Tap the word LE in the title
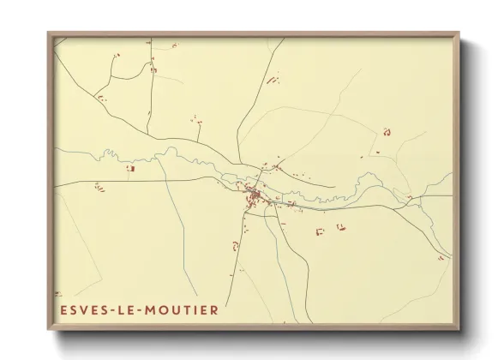click(x=134, y=310)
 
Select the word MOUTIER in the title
click(x=186, y=310)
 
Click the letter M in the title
click(x=158, y=310)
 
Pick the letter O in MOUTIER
click(x=170, y=310)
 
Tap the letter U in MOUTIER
click(x=182, y=310)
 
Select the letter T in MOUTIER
click(x=192, y=310)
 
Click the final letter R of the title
click(x=214, y=310)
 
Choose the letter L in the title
click(x=129, y=310)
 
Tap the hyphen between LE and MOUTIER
click(x=147, y=310)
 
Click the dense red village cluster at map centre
click(x=255, y=198)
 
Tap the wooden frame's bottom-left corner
click(x=49, y=329)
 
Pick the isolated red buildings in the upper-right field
click(x=387, y=131)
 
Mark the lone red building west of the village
click(x=131, y=169)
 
